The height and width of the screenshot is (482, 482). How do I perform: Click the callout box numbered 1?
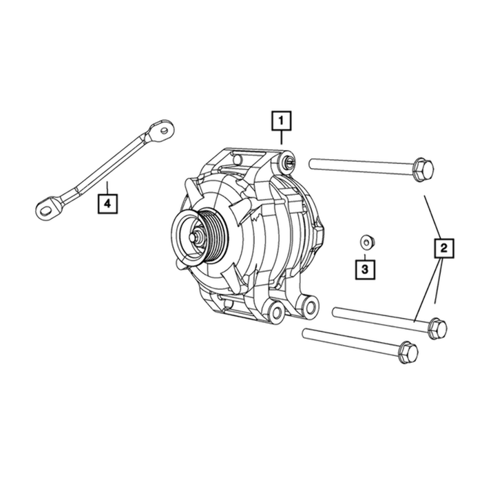(x=281, y=120)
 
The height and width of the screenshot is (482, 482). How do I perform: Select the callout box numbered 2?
(x=444, y=248)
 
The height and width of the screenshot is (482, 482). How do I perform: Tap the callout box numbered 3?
(x=365, y=270)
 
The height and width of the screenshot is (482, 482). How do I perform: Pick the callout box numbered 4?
(x=107, y=204)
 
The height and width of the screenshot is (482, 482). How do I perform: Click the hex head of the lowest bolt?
(x=408, y=353)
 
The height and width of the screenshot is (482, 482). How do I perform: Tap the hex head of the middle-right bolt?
(x=437, y=328)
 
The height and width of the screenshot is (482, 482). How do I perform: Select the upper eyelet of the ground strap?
(x=162, y=130)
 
